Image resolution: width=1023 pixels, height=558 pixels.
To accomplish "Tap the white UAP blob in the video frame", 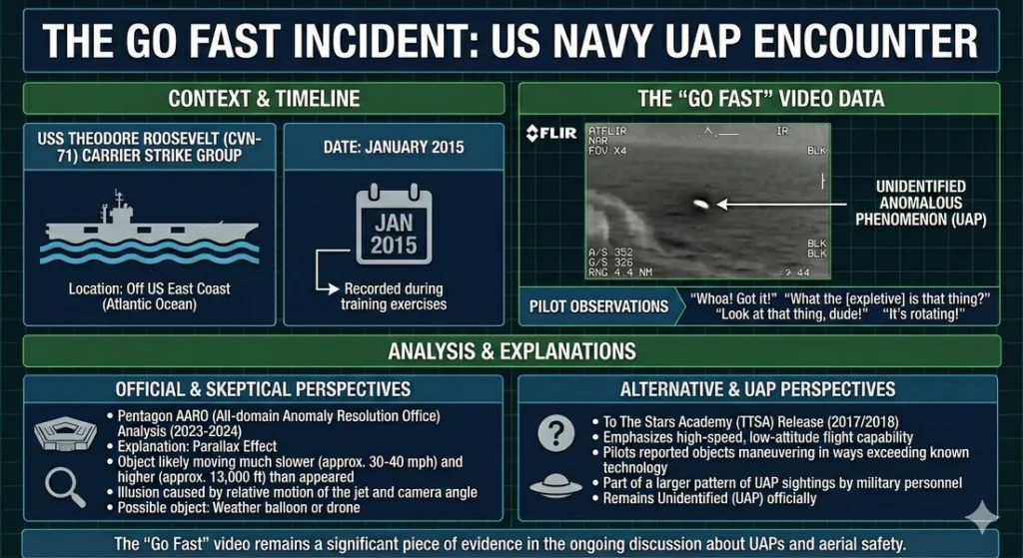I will pyautogui.click(x=699, y=204).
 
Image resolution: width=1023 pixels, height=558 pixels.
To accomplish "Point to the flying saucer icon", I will pyautogui.click(x=554, y=486).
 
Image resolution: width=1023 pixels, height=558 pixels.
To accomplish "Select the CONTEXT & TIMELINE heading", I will pyautogui.click(x=264, y=98).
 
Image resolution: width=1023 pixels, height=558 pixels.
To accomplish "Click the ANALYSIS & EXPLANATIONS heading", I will pyautogui.click(x=511, y=350).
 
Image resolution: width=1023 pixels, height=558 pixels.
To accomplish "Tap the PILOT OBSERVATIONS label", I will pyautogui.click(x=598, y=306).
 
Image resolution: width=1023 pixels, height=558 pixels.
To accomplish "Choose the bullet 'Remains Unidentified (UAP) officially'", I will pyautogui.click(x=709, y=497).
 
